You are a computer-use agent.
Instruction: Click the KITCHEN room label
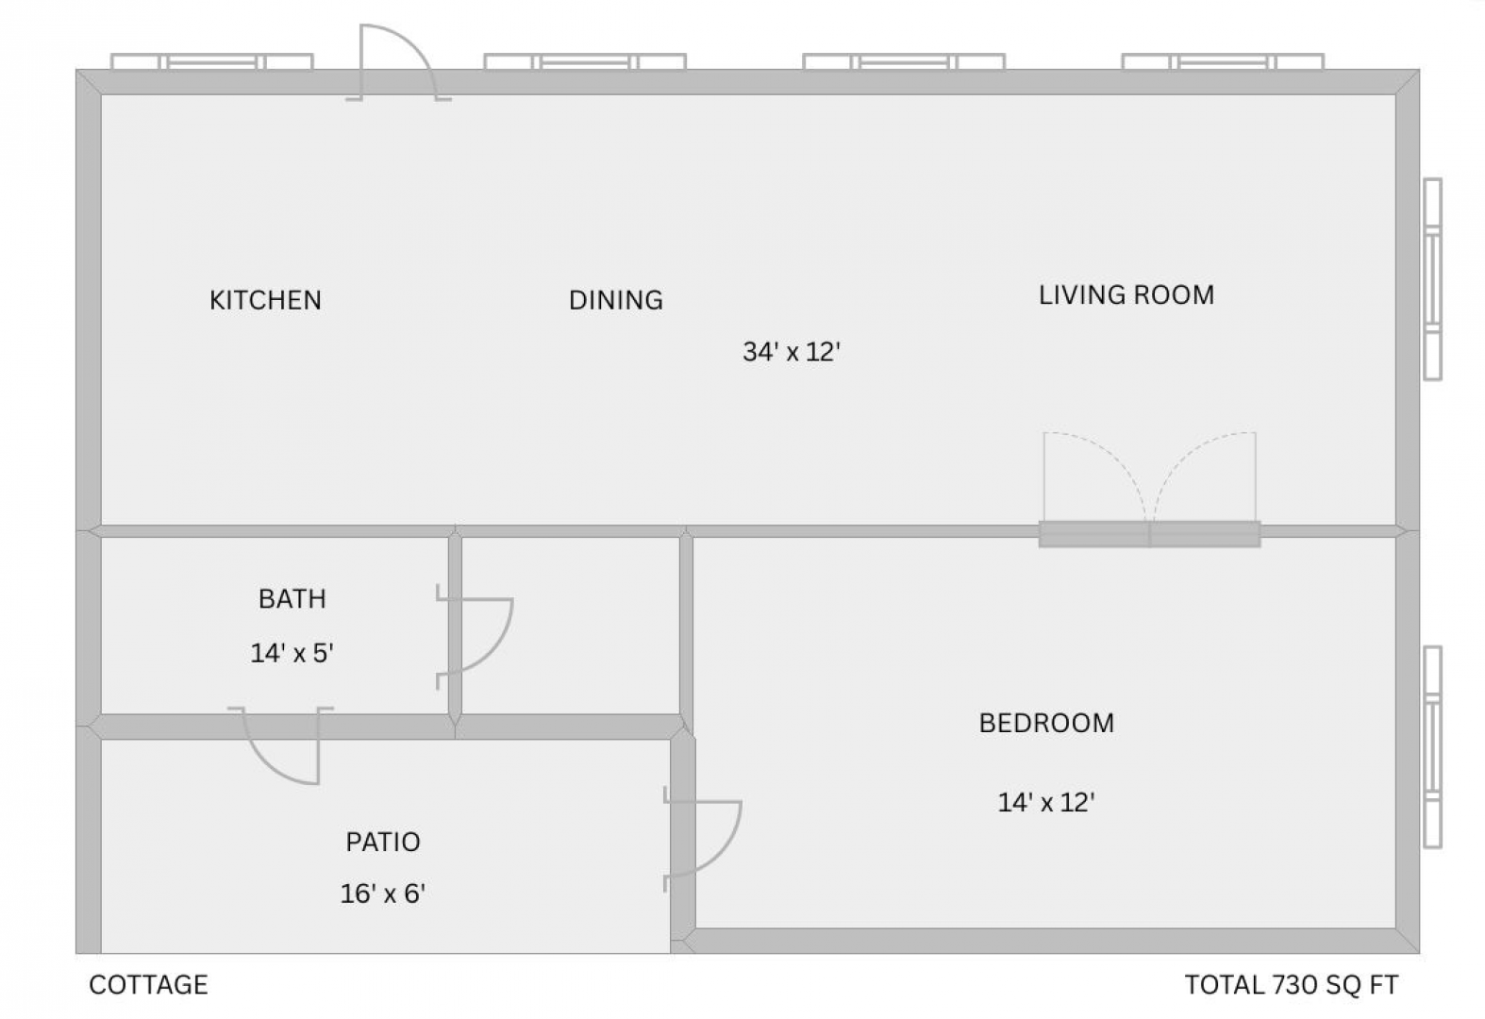265,300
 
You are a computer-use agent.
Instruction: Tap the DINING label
616,300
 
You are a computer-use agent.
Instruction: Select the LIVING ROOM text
1126,295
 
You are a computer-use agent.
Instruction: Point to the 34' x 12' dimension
792,352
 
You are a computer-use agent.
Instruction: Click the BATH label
292,599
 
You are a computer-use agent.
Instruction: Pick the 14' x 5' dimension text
292,653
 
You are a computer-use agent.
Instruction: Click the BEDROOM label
1047,723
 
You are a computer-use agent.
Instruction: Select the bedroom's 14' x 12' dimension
1046,802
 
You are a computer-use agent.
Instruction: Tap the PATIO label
383,842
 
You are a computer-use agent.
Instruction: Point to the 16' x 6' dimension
382,894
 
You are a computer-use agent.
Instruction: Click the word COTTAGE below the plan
148,984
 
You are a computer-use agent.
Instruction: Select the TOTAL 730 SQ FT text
1292,984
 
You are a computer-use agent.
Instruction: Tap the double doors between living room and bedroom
1149,490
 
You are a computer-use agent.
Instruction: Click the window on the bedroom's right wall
1432,746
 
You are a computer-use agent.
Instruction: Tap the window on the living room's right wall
1432,279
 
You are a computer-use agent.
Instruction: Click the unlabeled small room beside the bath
570,626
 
